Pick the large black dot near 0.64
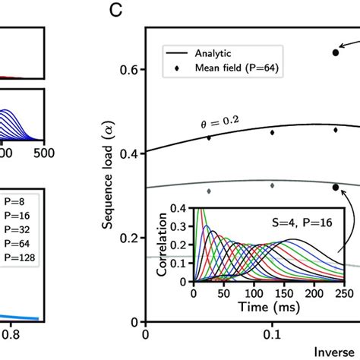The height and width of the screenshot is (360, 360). tap(336, 52)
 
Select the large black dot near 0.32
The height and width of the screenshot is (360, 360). tap(336, 187)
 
